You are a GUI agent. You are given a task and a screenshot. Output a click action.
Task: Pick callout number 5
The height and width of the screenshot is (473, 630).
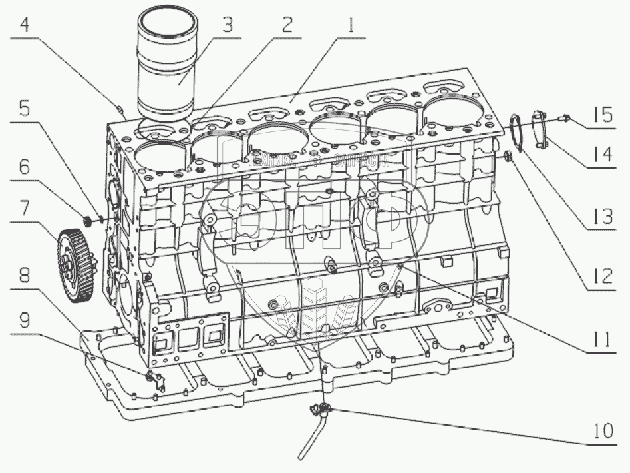[24, 109]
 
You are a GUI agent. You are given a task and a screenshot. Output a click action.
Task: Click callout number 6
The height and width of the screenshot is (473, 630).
[24, 167]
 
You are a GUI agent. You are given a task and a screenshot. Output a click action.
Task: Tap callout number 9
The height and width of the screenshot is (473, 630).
[24, 319]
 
